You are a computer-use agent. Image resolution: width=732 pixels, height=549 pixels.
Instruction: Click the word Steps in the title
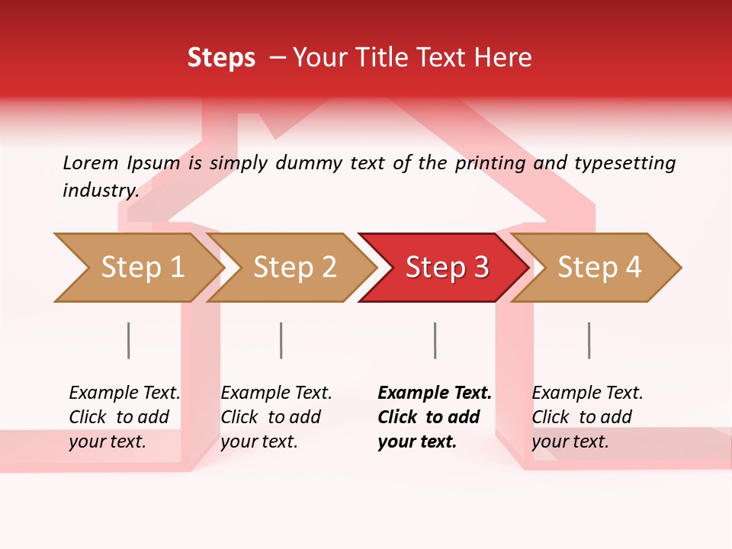(221, 58)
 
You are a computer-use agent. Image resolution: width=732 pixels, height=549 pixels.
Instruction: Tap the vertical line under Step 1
(128, 340)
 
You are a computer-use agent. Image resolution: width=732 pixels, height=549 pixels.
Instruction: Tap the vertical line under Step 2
(281, 340)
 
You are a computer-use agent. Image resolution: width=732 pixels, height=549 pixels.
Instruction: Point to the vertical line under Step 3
(435, 340)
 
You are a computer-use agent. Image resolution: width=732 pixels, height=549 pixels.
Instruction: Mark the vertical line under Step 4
(589, 340)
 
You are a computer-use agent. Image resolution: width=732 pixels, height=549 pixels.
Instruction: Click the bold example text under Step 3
(434, 417)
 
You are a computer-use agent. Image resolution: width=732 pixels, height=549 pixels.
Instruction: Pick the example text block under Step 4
(587, 417)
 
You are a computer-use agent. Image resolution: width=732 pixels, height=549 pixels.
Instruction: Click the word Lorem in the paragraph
(90, 163)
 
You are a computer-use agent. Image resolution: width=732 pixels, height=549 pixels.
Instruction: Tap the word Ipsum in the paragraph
(154, 163)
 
